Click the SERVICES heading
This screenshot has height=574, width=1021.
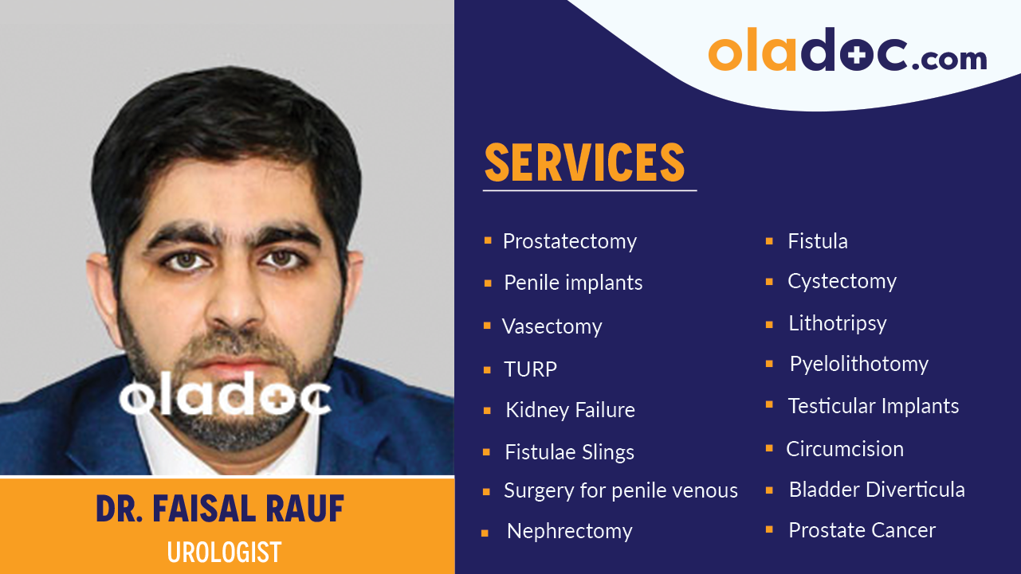tap(584, 163)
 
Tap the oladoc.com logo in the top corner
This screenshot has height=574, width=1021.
tap(847, 52)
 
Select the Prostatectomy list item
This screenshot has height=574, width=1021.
tap(569, 241)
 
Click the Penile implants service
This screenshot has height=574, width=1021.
tap(573, 283)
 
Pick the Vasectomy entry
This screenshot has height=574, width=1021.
tap(552, 326)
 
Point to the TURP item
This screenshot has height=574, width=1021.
tap(530, 369)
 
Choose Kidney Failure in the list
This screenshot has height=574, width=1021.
tap(570, 411)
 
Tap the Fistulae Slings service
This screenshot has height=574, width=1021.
tap(569, 452)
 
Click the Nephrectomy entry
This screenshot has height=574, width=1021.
tap(569, 531)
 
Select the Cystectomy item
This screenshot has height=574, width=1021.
tap(842, 282)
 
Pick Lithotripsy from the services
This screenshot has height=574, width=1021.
tap(837, 323)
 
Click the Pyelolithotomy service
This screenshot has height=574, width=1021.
tap(858, 365)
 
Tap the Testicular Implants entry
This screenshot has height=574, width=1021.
tap(873, 406)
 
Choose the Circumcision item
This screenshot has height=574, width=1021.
tap(845, 449)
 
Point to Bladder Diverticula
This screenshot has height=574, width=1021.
tap(876, 490)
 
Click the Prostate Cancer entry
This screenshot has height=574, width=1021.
tap(862, 530)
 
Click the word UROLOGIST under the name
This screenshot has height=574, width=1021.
tap(224, 552)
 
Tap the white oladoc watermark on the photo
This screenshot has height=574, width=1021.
tap(225, 396)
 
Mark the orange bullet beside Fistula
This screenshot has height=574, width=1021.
tap(769, 240)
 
